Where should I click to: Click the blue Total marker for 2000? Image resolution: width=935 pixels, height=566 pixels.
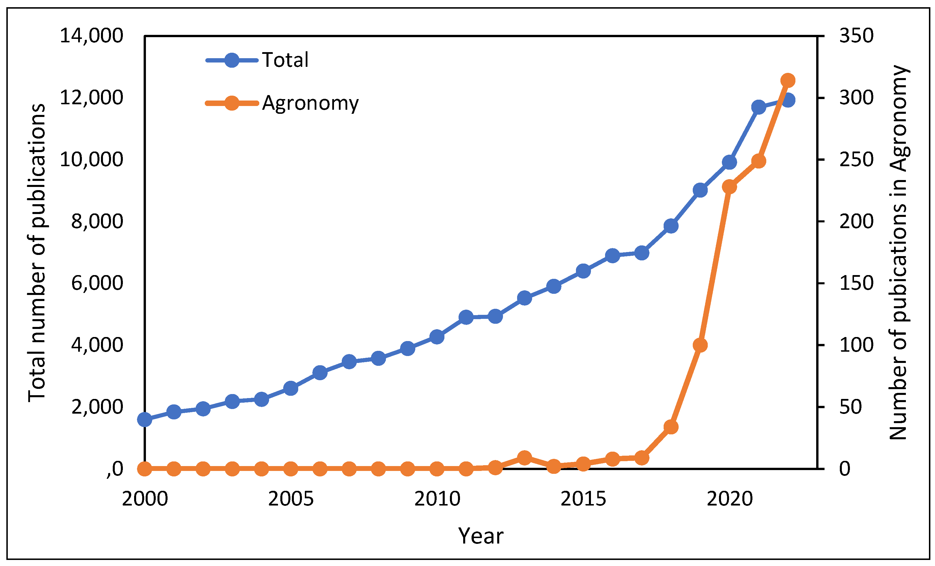click(x=144, y=419)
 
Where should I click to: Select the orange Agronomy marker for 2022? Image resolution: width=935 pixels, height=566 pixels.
click(x=787, y=80)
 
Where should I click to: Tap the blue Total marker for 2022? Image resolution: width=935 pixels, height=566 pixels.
click(x=787, y=100)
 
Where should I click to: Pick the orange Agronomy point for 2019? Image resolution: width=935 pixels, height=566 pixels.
click(x=700, y=345)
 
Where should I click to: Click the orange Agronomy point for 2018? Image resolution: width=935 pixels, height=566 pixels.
click(x=671, y=427)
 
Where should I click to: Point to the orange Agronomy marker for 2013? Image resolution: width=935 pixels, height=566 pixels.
click(x=524, y=458)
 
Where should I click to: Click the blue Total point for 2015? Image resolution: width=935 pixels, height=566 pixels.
click(x=583, y=271)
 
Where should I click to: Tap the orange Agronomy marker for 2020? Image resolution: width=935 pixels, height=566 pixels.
click(x=729, y=187)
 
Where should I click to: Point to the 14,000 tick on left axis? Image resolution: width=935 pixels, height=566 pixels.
click(x=91, y=36)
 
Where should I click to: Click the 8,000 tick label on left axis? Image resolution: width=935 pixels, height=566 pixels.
click(x=97, y=222)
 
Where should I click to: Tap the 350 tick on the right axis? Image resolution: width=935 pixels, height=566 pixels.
click(x=856, y=36)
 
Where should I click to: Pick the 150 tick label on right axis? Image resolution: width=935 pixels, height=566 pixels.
click(x=856, y=283)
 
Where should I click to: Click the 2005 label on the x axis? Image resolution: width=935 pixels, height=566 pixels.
click(x=291, y=499)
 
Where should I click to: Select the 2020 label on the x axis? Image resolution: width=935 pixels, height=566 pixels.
click(x=729, y=499)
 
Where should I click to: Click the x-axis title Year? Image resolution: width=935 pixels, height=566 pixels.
click(x=480, y=536)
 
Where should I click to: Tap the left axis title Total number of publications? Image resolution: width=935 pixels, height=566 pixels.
click(x=37, y=253)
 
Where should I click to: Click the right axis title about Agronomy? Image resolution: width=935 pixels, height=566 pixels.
click(x=898, y=253)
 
